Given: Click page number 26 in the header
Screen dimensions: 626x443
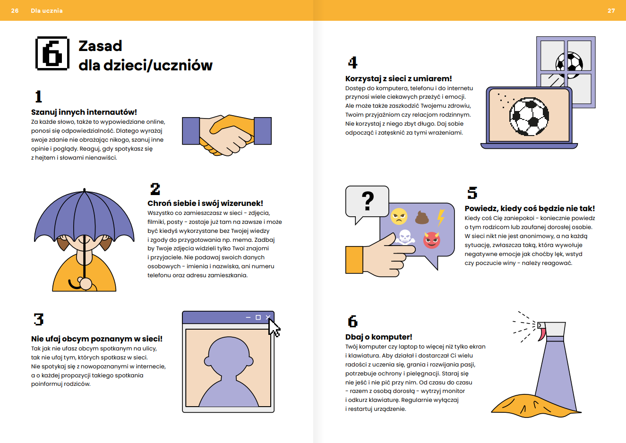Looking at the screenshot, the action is [15, 10].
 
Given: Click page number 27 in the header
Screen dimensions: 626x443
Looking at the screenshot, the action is [611, 10].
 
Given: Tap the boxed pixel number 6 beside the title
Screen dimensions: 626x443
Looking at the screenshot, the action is [52, 53].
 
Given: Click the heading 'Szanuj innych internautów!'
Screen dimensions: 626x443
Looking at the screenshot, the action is [84, 112].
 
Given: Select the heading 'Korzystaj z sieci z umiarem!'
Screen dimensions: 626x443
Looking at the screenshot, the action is [399, 78].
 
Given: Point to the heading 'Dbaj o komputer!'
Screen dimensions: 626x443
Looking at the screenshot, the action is [379, 337].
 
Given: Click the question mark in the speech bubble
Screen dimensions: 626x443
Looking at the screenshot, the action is [368, 201].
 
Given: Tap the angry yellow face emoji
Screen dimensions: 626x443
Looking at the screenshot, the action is [399, 216].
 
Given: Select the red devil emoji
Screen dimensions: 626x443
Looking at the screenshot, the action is [432, 240].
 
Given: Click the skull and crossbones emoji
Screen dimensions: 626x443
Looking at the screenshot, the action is [405, 237].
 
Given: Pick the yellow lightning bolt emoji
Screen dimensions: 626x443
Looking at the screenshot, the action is [441, 218].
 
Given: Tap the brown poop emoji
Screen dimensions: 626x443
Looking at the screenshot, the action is [422, 217].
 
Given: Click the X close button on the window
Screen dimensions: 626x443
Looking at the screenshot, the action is [268, 317].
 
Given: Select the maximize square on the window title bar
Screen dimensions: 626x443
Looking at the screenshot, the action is [258, 317].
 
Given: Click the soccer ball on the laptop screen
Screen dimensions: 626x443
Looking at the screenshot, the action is [529, 117].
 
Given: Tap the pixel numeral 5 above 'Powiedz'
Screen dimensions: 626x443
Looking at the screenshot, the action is [472, 193].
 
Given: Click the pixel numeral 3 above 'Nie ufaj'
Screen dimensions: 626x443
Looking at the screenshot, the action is [39, 319].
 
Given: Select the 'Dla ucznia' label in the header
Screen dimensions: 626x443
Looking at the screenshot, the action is [47, 10].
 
